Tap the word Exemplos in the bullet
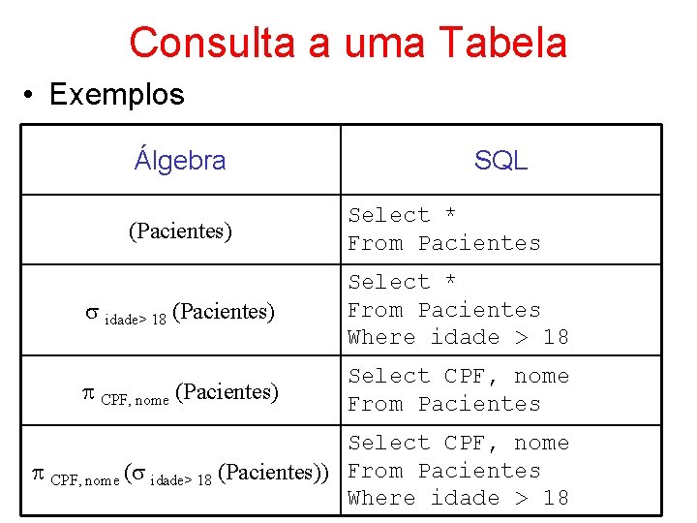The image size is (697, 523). (x=116, y=95)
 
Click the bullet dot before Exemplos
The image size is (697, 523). (x=32, y=95)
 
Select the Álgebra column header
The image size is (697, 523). (x=180, y=160)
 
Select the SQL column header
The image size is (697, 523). (x=500, y=161)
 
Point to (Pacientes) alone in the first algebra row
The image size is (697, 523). (x=180, y=231)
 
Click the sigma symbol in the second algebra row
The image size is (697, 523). (x=91, y=313)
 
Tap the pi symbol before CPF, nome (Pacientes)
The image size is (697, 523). (x=89, y=392)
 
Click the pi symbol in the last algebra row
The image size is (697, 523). (x=39, y=473)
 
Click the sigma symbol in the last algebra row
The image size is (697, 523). (x=138, y=474)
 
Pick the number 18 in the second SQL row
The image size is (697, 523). (x=556, y=337)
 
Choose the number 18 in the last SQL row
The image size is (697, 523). (x=556, y=498)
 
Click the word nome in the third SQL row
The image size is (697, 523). (x=541, y=376)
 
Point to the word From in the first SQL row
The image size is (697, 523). (x=376, y=243)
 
